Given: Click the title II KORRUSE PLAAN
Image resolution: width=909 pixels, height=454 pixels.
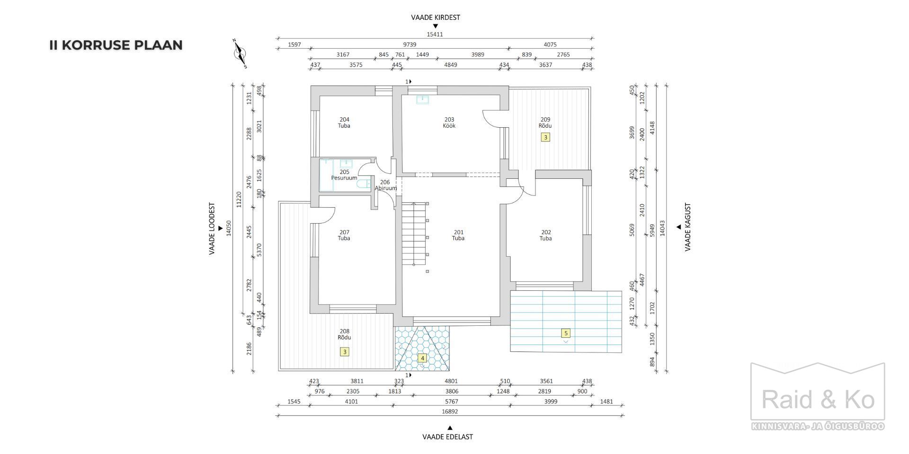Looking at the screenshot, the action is pos(116,45).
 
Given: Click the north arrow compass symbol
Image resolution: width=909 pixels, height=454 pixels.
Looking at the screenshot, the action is pos(241,53).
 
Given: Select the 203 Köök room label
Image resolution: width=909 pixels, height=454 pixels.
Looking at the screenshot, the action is pos(449,122).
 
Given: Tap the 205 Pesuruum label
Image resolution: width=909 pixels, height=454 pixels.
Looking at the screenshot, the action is pos(344,175).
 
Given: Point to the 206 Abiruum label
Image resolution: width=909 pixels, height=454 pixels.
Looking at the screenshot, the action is pos(385,185).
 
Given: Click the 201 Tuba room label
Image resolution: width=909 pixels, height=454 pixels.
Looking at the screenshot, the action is pos(458,235).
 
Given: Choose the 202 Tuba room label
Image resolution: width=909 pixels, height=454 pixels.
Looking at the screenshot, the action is pos(546,235).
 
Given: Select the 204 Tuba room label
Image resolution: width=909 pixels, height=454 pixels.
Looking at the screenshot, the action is pos(344,122).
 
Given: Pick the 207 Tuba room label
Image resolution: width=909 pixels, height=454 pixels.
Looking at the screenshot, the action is pos(344,235).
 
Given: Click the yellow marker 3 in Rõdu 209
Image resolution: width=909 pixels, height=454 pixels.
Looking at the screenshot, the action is pos(545,137).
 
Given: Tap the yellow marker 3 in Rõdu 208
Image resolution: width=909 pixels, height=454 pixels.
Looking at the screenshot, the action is pos(345,352).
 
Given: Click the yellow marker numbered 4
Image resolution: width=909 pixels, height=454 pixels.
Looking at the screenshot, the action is pos(422,358).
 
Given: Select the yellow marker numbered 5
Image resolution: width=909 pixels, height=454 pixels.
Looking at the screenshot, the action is pos(565,333).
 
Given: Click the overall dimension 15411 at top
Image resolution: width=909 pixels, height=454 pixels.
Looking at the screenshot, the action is pos(435,35).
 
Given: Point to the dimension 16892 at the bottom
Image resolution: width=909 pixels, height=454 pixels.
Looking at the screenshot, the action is pos(449,411).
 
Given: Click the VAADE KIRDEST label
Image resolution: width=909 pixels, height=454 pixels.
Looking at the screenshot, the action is pos(436,17).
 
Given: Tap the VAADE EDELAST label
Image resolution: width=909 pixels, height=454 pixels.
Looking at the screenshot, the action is pos(448,437).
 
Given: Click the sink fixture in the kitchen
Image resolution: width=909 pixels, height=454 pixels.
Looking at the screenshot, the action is pos(422,99).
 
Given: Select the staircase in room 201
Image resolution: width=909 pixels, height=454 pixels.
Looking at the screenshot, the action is pos(415,234).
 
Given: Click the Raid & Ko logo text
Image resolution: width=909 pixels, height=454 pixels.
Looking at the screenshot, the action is pos(818,400).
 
